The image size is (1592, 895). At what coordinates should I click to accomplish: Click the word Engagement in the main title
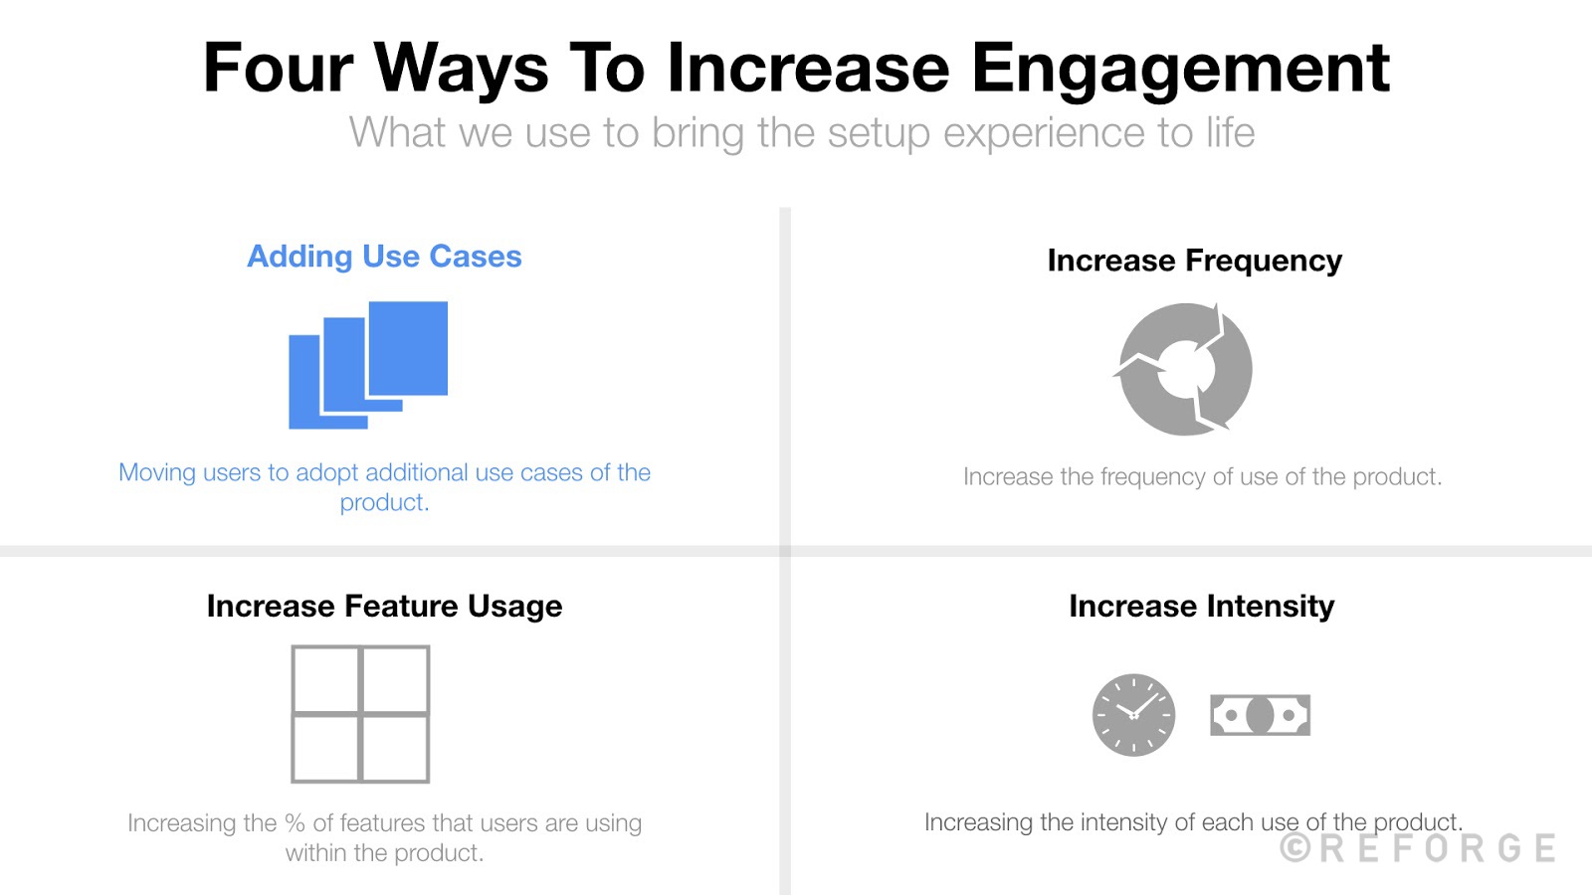1180,70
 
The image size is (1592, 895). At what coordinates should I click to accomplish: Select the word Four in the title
278,70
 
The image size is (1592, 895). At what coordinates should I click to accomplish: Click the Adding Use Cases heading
384,257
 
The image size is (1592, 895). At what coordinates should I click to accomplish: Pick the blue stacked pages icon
368,365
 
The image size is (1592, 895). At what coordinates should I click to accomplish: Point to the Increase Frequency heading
1194,261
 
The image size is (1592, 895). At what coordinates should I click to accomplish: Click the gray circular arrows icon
1184,369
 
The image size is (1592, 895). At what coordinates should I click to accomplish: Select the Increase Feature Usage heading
384,607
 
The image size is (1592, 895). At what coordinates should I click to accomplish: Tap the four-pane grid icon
360,714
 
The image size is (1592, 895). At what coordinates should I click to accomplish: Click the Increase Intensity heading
1201,607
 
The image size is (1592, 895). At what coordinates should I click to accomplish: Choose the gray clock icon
1133,715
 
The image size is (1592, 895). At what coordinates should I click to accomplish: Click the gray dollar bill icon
1260,715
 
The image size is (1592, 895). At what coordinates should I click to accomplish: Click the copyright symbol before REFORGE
1295,848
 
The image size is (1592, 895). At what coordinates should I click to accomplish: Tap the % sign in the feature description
295,823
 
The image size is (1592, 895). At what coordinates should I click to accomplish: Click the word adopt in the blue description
326,472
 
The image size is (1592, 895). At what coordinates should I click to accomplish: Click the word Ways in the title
461,70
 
